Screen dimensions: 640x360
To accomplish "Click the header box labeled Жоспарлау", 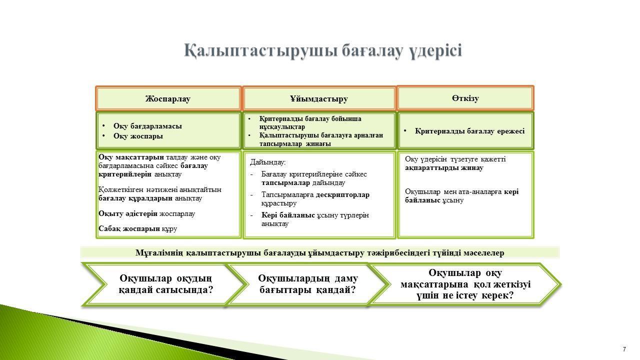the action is click(x=168, y=98).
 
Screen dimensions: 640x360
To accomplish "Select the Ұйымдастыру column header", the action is click(x=319, y=98).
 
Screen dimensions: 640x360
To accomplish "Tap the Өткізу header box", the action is click(x=465, y=98).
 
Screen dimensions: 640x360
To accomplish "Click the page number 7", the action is click(x=624, y=349).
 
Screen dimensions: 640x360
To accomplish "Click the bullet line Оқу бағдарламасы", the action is click(x=147, y=126).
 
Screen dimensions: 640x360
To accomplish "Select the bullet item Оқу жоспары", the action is click(x=138, y=136).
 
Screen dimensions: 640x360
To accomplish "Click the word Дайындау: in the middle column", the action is click(x=267, y=162).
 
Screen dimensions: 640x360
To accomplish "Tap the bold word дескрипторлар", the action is click(x=342, y=195).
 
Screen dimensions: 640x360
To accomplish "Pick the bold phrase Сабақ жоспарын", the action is click(x=129, y=228).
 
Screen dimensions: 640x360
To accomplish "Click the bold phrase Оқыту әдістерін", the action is click(x=128, y=213).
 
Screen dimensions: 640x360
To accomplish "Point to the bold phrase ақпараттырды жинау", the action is click(x=444, y=167).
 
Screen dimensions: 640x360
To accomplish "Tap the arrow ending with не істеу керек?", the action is click(x=465, y=284).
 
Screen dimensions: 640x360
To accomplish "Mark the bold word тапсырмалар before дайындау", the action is click(x=285, y=183).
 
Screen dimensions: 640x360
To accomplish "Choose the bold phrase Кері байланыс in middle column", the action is click(x=288, y=215).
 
